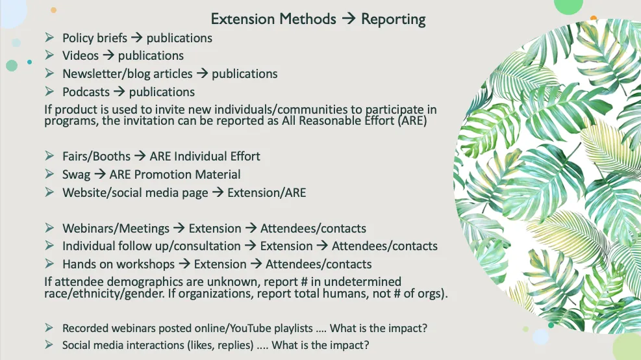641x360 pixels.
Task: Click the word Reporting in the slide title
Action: point(394,19)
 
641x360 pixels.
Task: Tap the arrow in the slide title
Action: point(349,18)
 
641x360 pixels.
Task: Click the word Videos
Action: point(81,55)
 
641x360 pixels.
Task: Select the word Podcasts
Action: point(86,92)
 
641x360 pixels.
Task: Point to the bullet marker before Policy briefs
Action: point(49,38)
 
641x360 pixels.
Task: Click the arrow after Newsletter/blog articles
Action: point(202,73)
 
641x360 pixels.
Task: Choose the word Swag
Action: point(76,175)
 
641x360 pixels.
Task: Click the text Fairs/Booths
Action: point(96,156)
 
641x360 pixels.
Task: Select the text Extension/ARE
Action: point(266,192)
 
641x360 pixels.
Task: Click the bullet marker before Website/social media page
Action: point(49,192)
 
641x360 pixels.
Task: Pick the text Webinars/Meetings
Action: point(116,228)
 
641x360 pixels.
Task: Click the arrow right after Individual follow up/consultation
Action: point(251,246)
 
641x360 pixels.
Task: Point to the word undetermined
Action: point(362,281)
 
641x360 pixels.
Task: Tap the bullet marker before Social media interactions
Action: point(49,344)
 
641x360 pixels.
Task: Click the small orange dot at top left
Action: point(53,10)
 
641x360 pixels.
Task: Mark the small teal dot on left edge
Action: point(29,62)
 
